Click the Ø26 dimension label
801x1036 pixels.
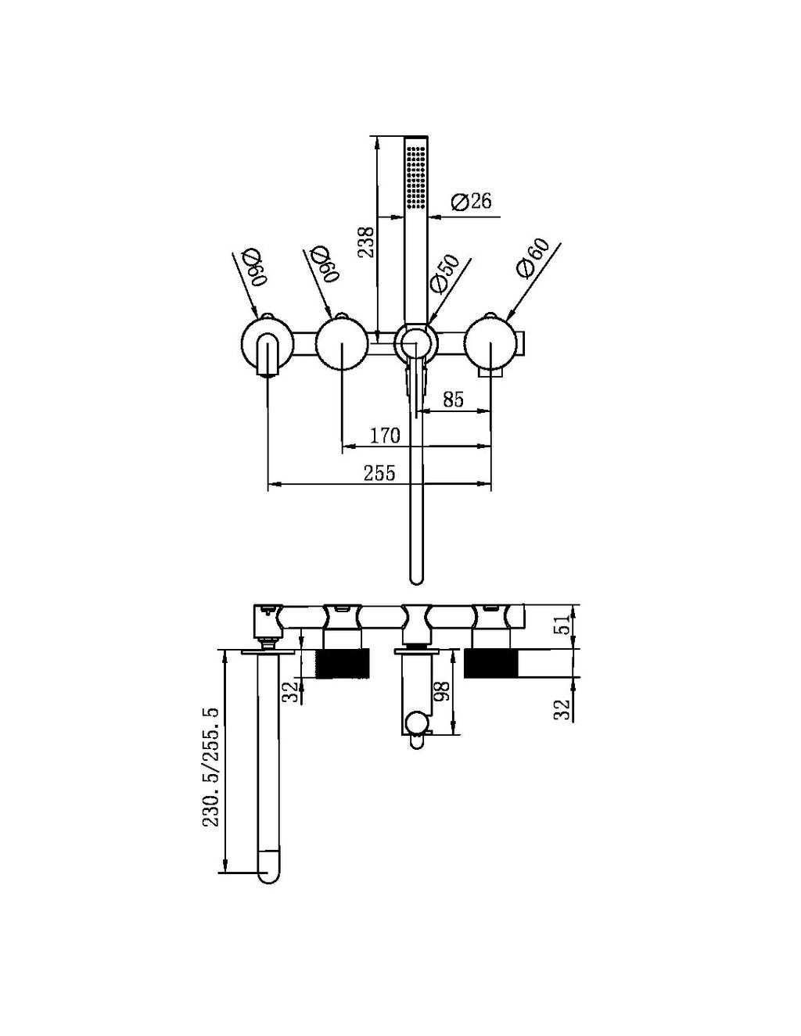click(x=472, y=201)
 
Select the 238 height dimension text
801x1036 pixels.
click(x=366, y=242)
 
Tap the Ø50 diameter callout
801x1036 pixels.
click(x=443, y=274)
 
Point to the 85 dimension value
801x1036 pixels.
click(x=453, y=399)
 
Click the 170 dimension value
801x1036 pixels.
click(x=384, y=435)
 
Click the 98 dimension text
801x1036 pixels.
click(x=442, y=693)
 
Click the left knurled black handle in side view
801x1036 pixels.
click(x=339, y=663)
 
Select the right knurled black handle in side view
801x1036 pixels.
click(x=490, y=663)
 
